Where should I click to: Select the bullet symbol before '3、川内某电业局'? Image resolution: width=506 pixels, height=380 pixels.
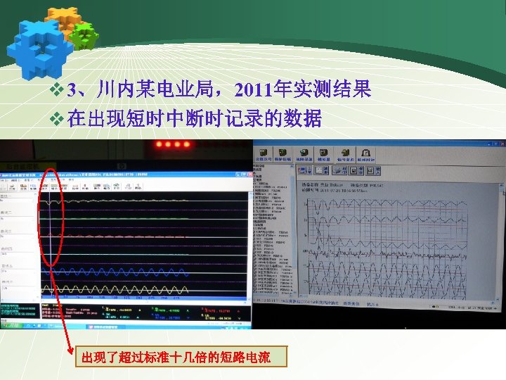pyautogui.click(x=58, y=91)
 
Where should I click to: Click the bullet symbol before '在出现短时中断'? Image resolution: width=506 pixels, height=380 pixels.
pyautogui.click(x=58, y=119)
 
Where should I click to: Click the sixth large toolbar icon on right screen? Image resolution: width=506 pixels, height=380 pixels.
pyautogui.click(x=365, y=154)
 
